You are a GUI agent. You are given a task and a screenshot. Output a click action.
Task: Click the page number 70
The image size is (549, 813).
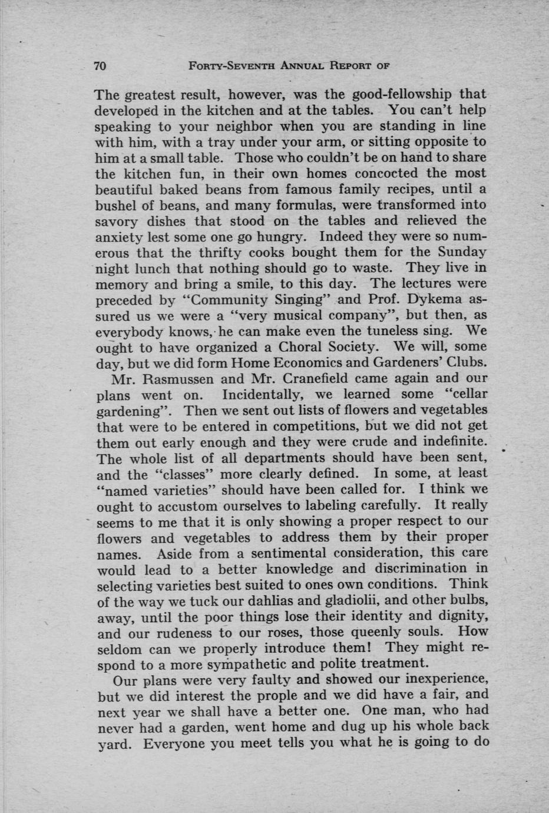(100, 66)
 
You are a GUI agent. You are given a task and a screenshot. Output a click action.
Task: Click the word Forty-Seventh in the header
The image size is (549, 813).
(224, 66)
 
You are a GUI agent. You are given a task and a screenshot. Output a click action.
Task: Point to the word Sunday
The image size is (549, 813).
(462, 252)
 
